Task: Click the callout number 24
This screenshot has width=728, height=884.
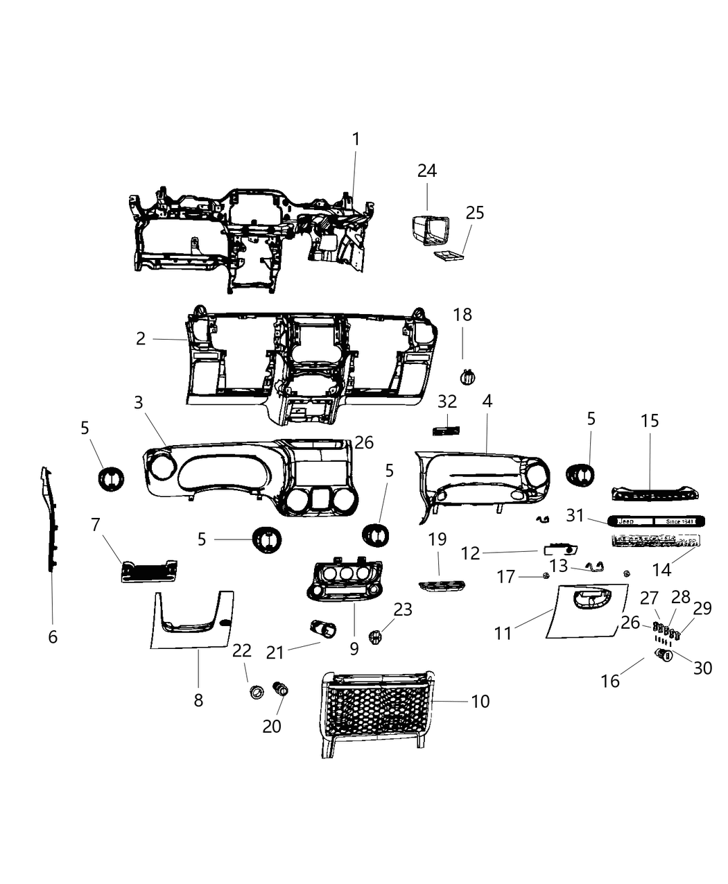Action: coord(427,171)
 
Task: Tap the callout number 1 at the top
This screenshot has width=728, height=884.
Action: coord(356,139)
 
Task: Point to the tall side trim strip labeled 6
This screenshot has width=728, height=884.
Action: coord(49,520)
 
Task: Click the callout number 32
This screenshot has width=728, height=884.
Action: coord(448,401)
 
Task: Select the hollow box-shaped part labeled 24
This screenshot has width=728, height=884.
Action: coord(429,231)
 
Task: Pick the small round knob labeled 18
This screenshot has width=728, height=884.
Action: coord(469,377)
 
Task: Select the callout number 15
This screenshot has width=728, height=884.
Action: coord(650,421)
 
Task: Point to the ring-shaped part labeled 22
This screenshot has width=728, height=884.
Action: coord(256,691)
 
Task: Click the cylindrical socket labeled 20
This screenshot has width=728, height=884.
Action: coord(281,688)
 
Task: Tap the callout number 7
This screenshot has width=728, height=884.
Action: coord(96,525)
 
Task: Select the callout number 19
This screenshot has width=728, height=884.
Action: coord(437,539)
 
